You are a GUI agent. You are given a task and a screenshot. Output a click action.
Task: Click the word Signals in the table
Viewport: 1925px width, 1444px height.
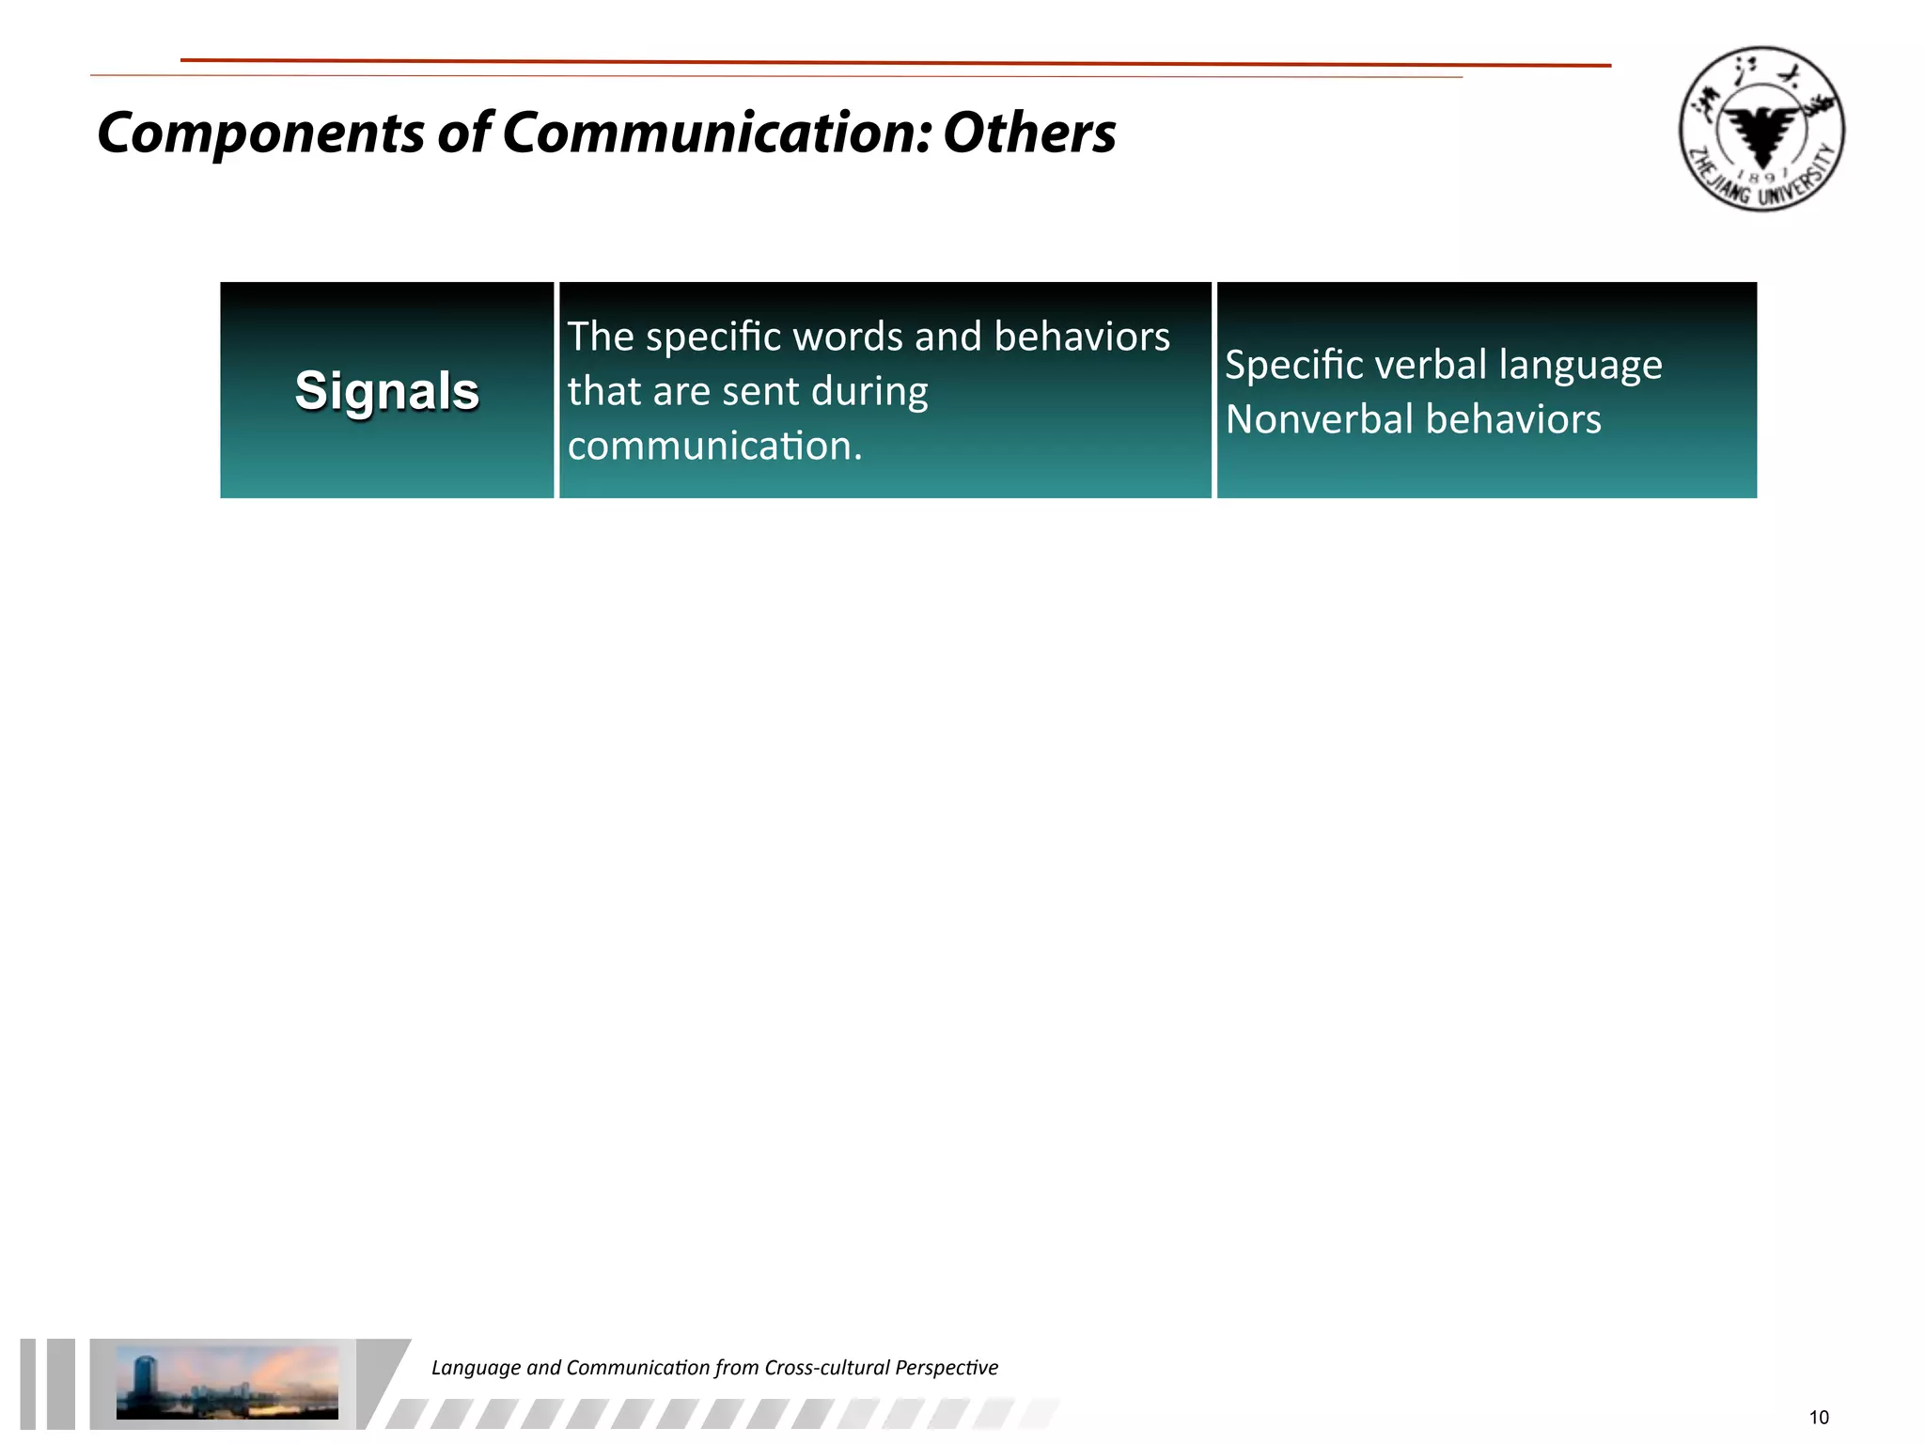click(x=386, y=390)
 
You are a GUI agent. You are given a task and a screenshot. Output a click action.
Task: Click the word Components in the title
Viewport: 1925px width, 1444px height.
click(x=260, y=133)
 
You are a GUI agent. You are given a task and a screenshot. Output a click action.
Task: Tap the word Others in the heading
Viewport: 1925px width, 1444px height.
click(x=1029, y=133)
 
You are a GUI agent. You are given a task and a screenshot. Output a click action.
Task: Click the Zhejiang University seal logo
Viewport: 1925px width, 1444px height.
click(x=1761, y=129)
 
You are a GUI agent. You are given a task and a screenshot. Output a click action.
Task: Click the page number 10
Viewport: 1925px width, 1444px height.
click(x=1819, y=1418)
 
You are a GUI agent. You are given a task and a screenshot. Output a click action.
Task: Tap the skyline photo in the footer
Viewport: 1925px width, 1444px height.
click(x=227, y=1382)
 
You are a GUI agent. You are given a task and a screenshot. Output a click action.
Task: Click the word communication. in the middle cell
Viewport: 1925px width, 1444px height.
click(x=714, y=446)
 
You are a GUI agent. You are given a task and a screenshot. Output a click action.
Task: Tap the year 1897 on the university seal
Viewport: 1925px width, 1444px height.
click(x=1762, y=175)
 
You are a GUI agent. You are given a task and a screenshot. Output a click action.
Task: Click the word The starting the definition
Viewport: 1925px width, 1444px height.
click(x=601, y=337)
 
